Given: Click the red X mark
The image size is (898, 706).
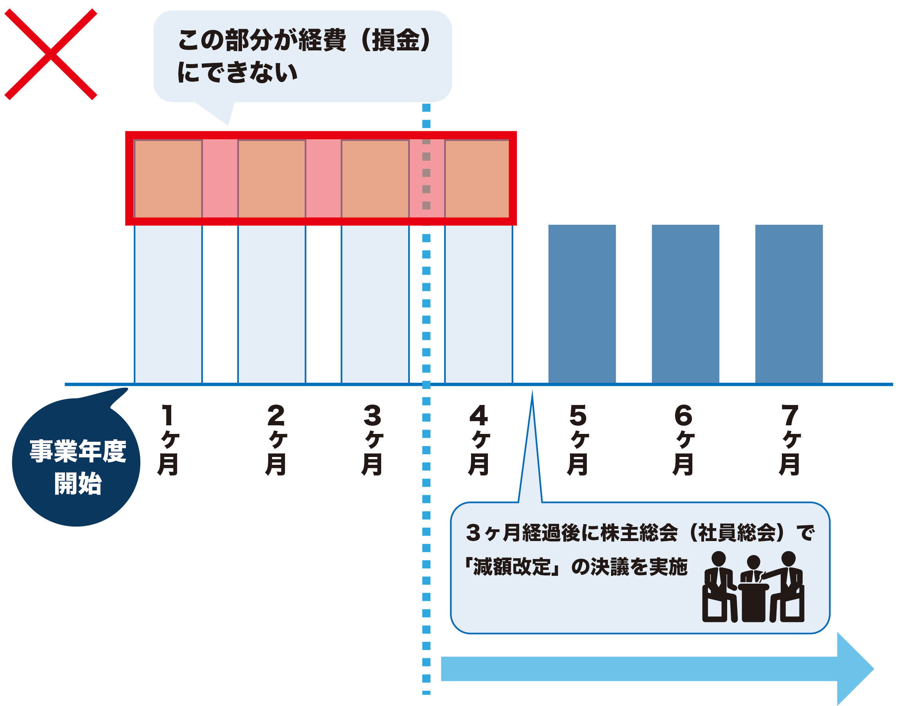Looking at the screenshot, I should click(50, 54).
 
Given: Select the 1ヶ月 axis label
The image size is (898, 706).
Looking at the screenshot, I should click(168, 440).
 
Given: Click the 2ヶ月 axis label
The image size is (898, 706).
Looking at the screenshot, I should click(276, 440).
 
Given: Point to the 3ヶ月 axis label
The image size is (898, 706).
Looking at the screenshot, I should click(373, 440).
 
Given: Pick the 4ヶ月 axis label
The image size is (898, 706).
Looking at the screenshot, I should click(479, 440).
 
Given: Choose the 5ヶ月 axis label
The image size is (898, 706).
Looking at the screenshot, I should click(578, 440).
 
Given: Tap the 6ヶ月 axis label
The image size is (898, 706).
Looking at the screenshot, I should click(683, 440).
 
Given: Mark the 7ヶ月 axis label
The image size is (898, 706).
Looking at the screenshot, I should click(790, 440).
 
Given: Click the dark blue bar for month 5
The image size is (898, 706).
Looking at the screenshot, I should click(582, 304).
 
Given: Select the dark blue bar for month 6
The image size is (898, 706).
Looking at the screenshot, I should click(685, 304).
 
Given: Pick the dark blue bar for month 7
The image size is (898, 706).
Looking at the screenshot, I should click(789, 304).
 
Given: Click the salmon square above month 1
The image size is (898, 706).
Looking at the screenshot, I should click(168, 179).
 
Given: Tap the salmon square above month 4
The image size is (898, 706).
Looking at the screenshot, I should click(477, 179).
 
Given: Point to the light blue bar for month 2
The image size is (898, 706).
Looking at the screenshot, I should click(272, 304).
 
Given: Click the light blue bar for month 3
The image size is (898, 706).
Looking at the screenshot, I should click(375, 304).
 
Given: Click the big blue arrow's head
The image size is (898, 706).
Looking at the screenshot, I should click(854, 669).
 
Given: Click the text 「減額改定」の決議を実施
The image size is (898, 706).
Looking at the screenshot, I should click(576, 567).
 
